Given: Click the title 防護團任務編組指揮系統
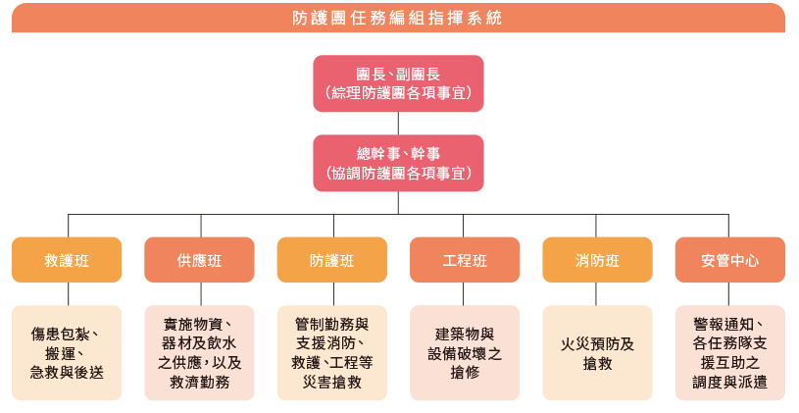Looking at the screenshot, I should pos(398,18).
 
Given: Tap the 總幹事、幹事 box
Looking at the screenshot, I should pos(398,163).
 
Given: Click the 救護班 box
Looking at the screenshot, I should pos(68,261).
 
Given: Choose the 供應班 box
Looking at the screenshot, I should pos(199,261).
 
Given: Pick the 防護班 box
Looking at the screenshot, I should pos(331,261).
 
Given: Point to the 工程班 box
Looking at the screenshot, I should pos(465,261).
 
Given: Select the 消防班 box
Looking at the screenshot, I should pos(597,261).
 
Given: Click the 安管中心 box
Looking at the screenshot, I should pos(729,261).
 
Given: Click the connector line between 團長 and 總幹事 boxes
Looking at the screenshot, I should pos(398,123).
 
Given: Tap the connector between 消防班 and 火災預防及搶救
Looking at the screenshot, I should pos(597,294).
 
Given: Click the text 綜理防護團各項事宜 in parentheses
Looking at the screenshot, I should pos(398,93).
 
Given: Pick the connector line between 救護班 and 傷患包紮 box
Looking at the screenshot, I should pos(68,294).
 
